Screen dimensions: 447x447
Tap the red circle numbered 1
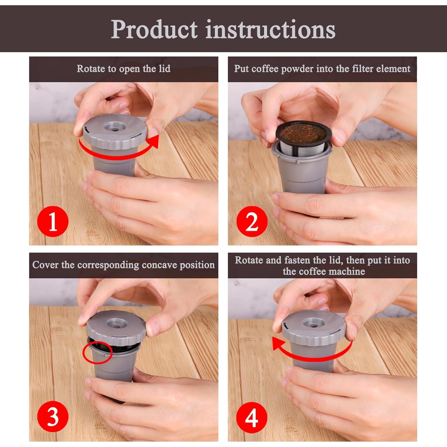click(x=53, y=222)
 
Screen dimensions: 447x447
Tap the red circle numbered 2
click(x=252, y=222)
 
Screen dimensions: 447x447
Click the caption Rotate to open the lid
click(x=123, y=69)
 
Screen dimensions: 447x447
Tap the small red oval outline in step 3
click(x=97, y=353)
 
